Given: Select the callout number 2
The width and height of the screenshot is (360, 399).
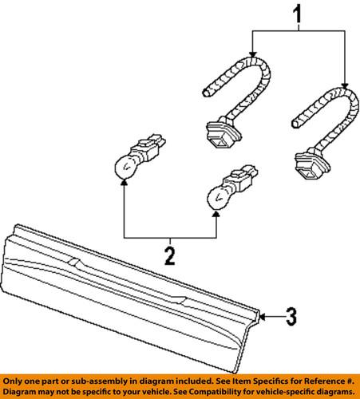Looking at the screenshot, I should (170, 255).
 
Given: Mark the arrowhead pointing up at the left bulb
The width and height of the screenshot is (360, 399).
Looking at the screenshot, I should (124, 183).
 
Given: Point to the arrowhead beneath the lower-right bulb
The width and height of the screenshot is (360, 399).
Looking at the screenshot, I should (217, 212).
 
